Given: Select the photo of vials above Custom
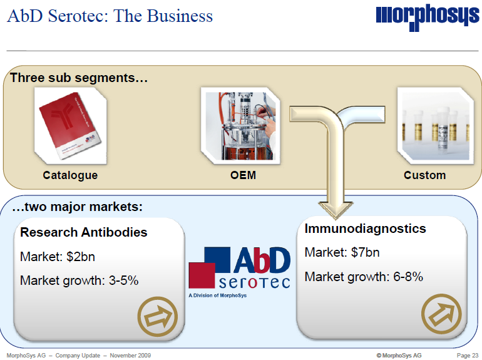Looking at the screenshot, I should (425, 124).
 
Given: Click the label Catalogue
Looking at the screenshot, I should (70, 175).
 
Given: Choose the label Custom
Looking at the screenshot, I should (424, 175).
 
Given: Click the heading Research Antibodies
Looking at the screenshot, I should (84, 232).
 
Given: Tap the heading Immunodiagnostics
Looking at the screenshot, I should (365, 229).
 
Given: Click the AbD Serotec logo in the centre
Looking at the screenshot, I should (240, 268).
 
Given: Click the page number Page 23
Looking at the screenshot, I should (467, 356).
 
